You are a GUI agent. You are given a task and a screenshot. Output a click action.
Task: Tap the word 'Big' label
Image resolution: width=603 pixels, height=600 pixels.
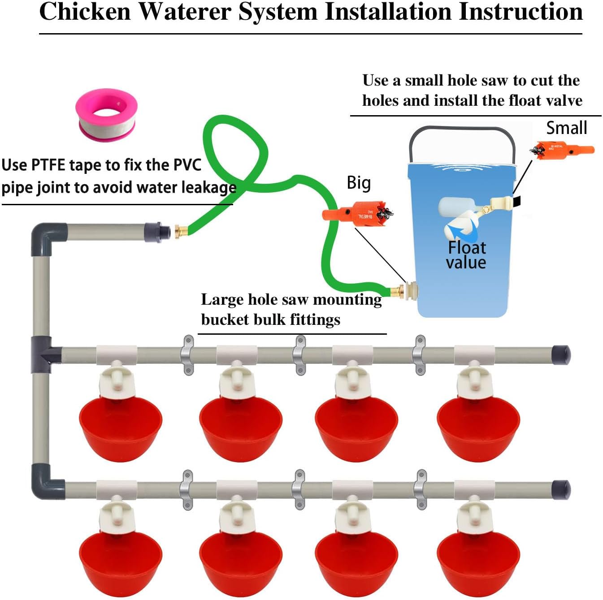coord(359,183)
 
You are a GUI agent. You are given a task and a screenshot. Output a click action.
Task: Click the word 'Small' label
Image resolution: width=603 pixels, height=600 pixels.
coord(566,128)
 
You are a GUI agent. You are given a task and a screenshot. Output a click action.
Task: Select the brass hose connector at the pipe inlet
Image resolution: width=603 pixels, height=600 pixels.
coord(181,232)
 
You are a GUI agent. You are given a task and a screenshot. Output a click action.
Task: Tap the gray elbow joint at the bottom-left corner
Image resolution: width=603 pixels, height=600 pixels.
coord(45,482)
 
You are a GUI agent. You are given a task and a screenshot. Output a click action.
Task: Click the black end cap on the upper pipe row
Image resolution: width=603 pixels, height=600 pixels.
coord(561,355)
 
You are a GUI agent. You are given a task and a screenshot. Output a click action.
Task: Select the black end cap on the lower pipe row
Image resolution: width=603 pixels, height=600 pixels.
coord(561,489)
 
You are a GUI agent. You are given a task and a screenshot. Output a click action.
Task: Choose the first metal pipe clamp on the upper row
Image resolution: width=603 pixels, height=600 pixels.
coord(187,355)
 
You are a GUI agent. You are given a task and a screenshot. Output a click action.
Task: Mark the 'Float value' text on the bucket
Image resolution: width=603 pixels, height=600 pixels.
coord(466,255)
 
